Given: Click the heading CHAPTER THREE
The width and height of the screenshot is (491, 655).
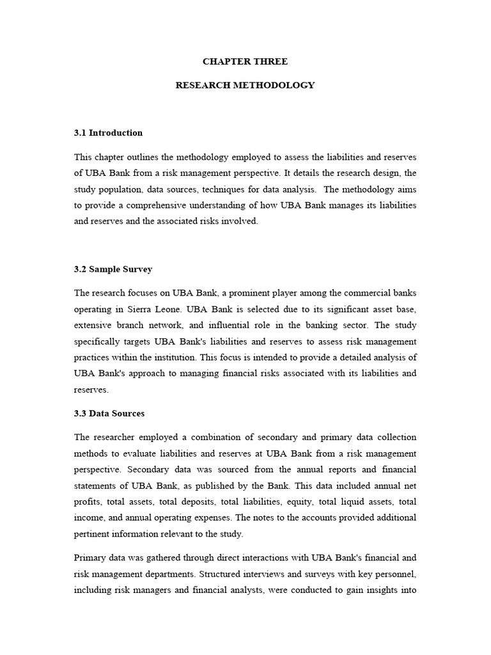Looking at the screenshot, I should [245, 61].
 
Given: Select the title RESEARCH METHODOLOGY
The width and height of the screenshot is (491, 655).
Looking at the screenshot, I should [245, 85].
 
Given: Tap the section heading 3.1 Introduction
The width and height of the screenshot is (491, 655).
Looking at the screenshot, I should [108, 133].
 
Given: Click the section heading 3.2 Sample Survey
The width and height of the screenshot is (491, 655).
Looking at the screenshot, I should [113, 269].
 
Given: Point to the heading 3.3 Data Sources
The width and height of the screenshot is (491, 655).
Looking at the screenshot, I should [109, 413].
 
